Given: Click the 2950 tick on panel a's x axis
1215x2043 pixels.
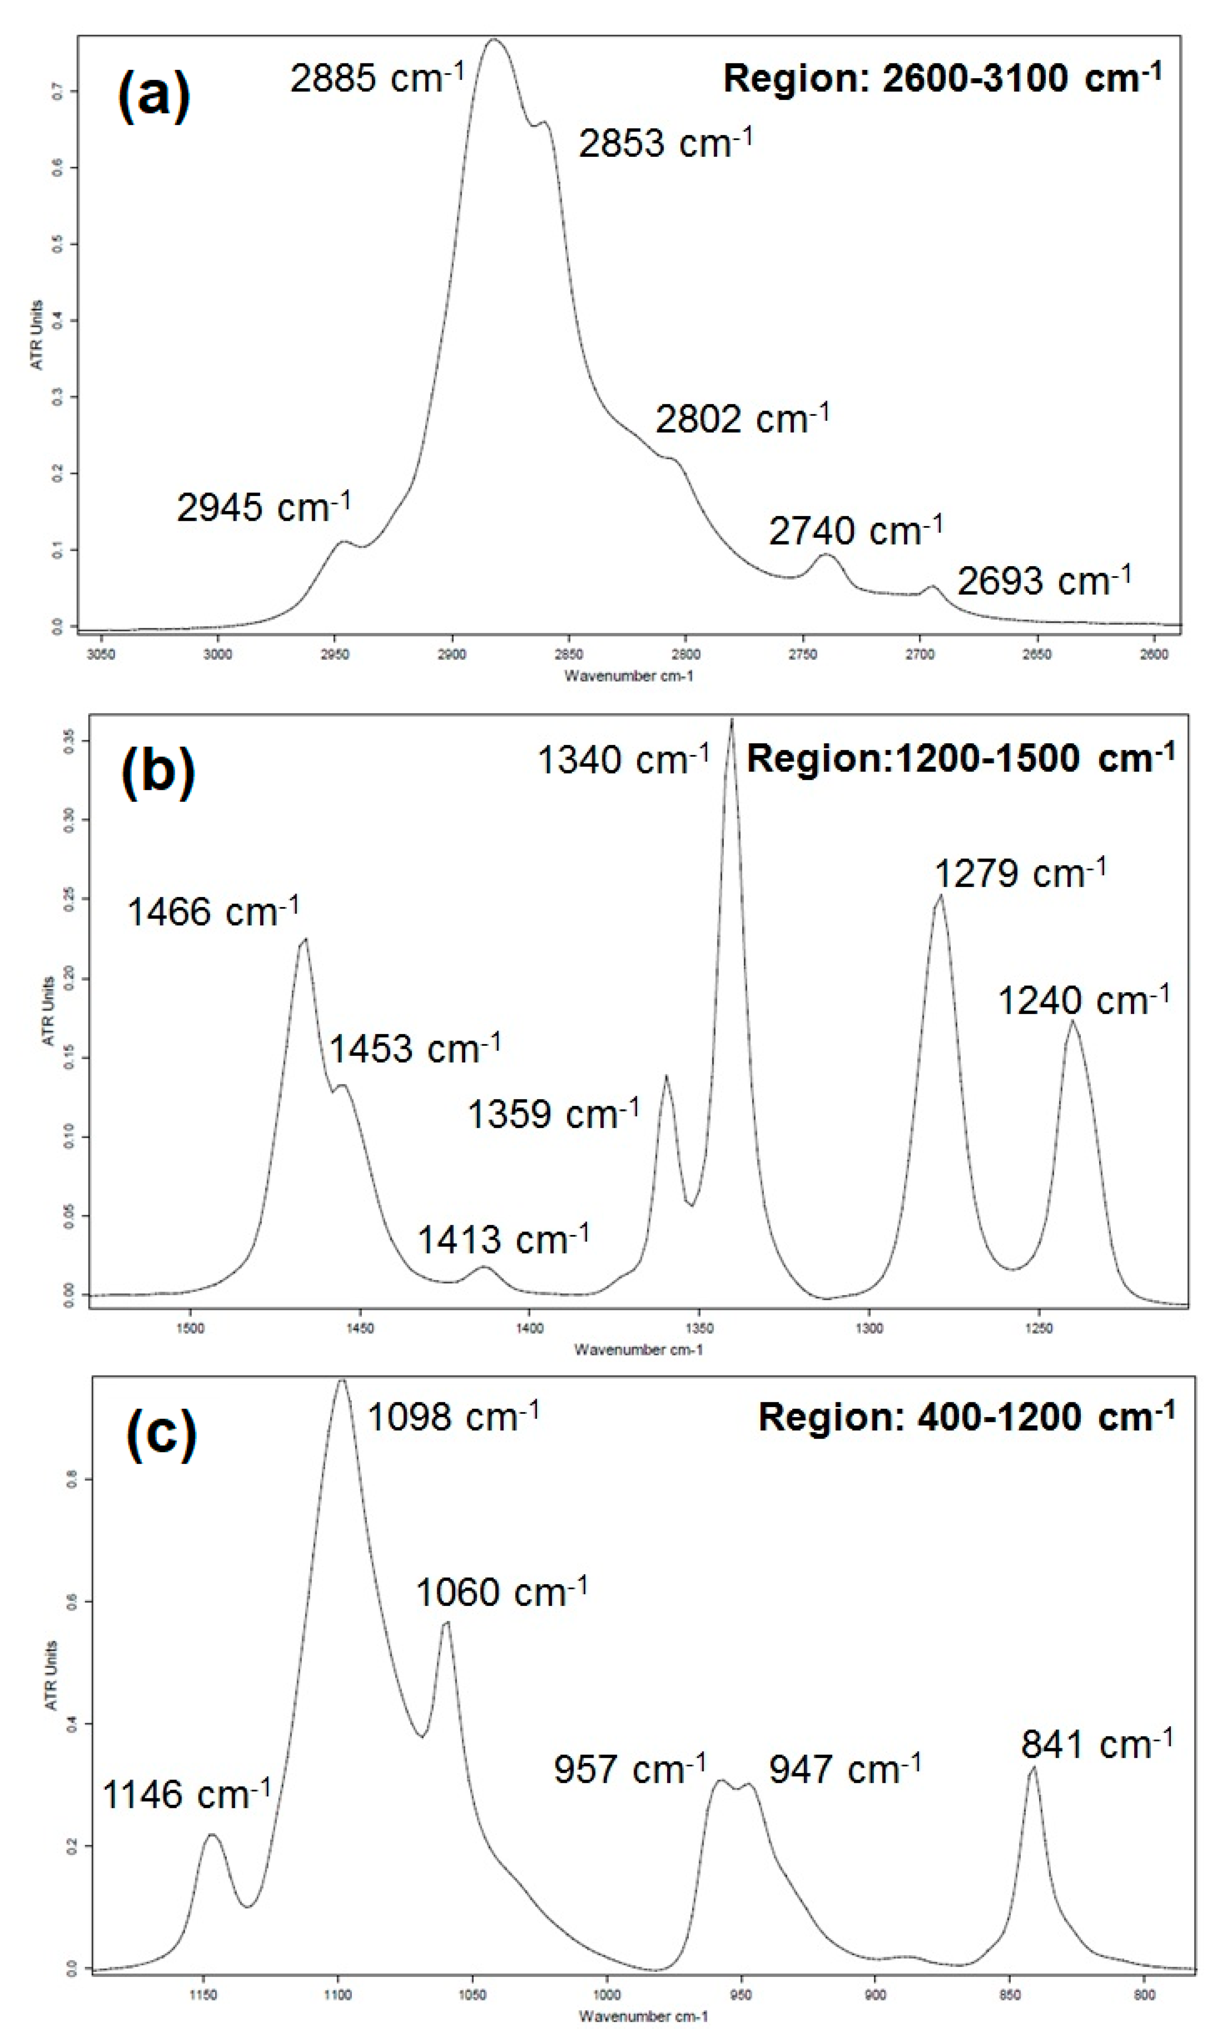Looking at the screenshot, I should pyautogui.click(x=335, y=654).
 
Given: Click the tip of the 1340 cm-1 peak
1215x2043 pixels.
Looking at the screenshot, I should pyautogui.click(x=732, y=720).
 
